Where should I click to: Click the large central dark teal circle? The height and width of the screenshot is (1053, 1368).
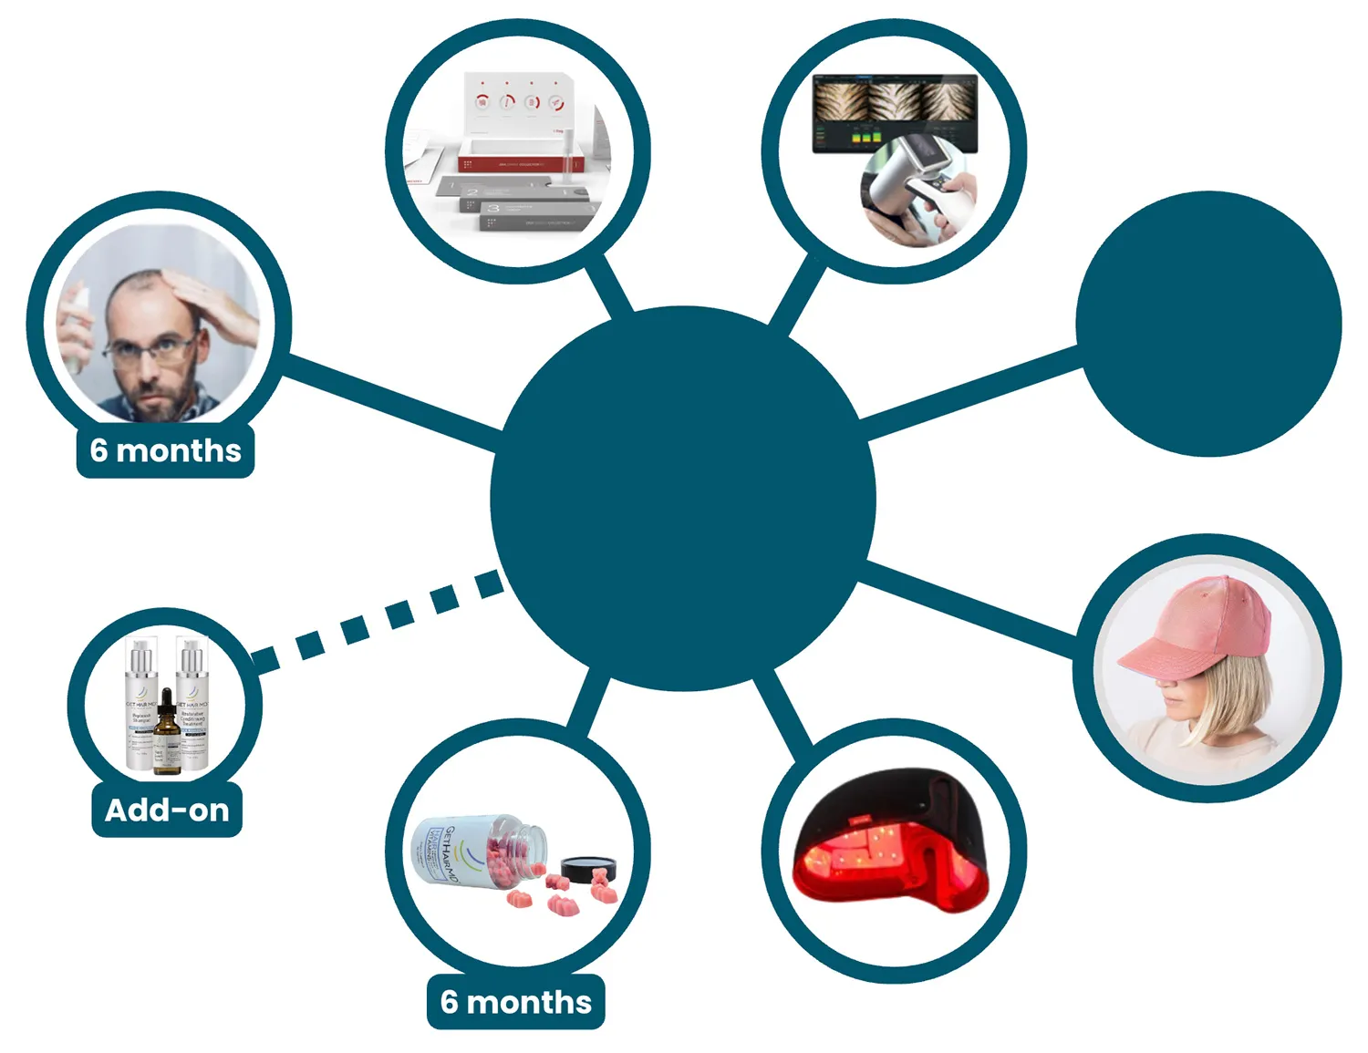pyautogui.click(x=683, y=498)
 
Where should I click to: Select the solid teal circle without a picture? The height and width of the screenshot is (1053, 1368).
pyautogui.click(x=1208, y=324)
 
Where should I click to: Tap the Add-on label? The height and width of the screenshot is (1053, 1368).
pyautogui.click(x=167, y=810)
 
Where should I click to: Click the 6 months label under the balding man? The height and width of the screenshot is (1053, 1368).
pyautogui.click(x=165, y=450)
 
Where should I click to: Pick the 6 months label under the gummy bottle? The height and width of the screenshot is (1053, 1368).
pyautogui.click(x=515, y=1002)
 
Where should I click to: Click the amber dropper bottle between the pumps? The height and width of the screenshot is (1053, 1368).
pyautogui.click(x=168, y=734)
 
